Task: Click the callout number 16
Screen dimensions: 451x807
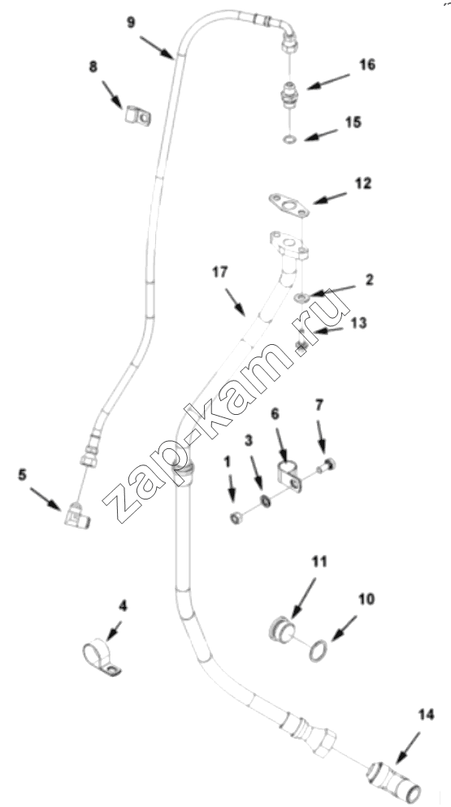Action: [x=367, y=65]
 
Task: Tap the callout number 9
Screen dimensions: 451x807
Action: [x=131, y=23]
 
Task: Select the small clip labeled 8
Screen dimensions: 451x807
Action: [x=138, y=116]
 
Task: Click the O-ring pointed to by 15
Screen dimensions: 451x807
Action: [x=290, y=139]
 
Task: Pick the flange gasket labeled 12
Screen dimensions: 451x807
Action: [x=288, y=205]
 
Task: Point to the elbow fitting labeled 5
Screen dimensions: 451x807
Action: [x=76, y=516]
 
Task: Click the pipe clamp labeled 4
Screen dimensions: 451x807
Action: [x=101, y=658]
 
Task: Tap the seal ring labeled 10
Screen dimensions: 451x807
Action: [x=318, y=651]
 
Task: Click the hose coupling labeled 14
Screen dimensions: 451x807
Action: [x=393, y=782]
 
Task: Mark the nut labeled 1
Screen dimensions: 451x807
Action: [x=236, y=518]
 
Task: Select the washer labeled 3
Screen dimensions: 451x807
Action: [x=266, y=501]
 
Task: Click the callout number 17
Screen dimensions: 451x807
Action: [x=220, y=272]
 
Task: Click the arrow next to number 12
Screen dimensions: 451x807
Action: [x=330, y=198]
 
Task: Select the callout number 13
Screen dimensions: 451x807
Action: [x=358, y=323]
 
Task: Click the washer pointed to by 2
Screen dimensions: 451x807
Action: [x=302, y=297]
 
